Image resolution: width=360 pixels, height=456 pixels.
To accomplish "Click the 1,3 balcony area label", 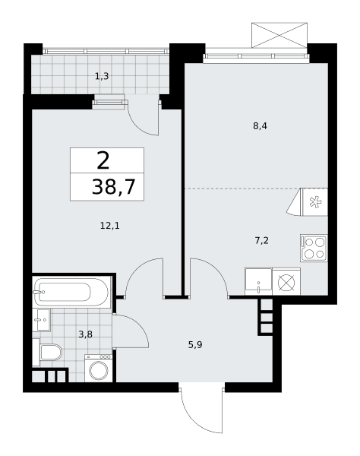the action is click(102, 76).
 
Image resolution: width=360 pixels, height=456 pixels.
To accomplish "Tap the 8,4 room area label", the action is click(260, 126).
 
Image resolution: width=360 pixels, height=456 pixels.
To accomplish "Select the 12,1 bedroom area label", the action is click(110, 225).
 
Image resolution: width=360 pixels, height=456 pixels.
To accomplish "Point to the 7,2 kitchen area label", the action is click(261, 241).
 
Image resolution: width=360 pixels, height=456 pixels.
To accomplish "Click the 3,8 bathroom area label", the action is click(85, 334).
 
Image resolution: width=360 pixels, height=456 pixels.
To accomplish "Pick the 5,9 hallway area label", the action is click(195, 345).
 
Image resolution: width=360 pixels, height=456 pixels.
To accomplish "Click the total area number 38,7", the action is click(114, 186).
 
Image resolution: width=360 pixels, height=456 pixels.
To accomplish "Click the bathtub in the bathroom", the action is click(71, 292).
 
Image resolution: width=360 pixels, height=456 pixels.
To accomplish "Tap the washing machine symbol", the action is click(99, 368).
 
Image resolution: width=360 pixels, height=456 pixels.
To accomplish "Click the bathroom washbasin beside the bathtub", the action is click(41, 320).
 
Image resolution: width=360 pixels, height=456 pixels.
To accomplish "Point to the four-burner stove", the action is click(314, 248).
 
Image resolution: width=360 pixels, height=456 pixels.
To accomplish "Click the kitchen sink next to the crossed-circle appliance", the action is click(258, 281).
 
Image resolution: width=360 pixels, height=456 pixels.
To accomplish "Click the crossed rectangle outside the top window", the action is click(279, 35).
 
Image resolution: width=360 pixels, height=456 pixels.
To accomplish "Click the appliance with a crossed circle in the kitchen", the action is click(286, 282).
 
